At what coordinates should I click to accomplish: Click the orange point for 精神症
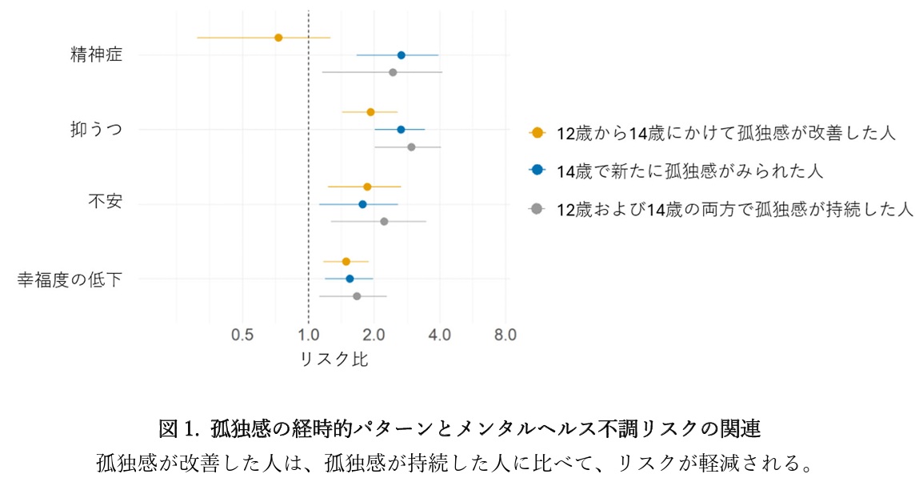click(x=278, y=38)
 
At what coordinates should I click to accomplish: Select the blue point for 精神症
click(x=401, y=55)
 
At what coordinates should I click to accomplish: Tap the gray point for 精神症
click(x=393, y=73)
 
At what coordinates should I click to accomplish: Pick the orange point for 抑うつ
click(x=370, y=112)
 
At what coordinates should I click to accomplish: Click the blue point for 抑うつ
click(x=401, y=130)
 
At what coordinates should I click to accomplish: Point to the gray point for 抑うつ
click(x=411, y=147)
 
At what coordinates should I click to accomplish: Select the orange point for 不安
click(x=367, y=187)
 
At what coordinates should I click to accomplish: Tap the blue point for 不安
click(x=362, y=204)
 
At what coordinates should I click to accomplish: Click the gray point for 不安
click(x=384, y=222)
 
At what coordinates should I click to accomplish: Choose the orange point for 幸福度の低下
click(x=346, y=261)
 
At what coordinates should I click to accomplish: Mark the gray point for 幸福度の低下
click(x=357, y=296)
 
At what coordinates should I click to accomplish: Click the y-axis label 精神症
click(x=96, y=55)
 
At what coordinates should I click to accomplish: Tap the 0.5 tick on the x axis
click(x=242, y=334)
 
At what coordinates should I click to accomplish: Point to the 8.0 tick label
click(x=505, y=334)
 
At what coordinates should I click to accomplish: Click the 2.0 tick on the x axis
click(x=374, y=334)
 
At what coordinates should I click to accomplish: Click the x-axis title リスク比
click(x=334, y=359)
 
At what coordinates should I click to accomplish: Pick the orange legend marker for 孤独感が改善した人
click(x=537, y=133)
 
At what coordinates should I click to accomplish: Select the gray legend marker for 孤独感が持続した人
click(x=537, y=210)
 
